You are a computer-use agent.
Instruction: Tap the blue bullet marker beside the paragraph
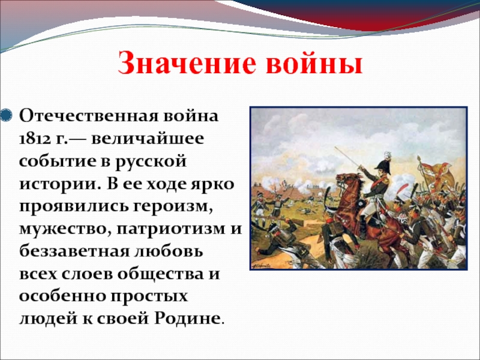tap(6, 115)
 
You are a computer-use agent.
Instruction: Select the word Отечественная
tap(88, 116)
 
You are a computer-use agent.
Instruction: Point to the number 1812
tap(34, 139)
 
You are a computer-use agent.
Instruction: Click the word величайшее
tap(148, 139)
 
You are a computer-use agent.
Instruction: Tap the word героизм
tap(173, 206)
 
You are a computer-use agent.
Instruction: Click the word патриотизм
tap(170, 229)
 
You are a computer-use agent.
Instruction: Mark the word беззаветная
tap(74, 251)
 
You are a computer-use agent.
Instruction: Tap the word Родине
tap(187, 319)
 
